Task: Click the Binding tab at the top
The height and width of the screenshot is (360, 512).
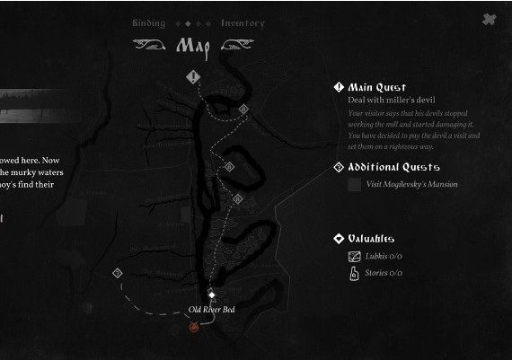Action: (x=148, y=23)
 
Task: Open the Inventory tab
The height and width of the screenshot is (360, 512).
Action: (x=243, y=23)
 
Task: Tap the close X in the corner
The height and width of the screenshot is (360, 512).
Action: (x=488, y=20)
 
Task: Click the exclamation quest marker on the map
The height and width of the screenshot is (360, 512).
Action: (x=193, y=77)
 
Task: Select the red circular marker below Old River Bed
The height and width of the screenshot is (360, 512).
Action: (x=193, y=329)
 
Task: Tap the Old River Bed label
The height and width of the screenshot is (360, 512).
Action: (x=211, y=310)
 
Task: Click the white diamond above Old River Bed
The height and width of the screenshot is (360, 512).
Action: (x=211, y=294)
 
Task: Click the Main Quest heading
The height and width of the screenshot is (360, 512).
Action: (x=377, y=87)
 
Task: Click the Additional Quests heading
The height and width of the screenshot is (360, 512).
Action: (x=393, y=167)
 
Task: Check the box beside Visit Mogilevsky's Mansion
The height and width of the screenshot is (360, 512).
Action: (x=355, y=184)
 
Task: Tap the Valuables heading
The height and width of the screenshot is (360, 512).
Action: (x=371, y=239)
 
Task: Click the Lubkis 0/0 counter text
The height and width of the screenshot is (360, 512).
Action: (x=384, y=256)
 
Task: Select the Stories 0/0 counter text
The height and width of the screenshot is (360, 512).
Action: (x=384, y=273)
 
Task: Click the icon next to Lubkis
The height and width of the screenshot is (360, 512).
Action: (x=355, y=256)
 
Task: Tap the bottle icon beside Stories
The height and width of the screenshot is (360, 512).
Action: (x=355, y=273)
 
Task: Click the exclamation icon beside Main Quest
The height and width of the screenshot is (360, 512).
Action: (x=339, y=87)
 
